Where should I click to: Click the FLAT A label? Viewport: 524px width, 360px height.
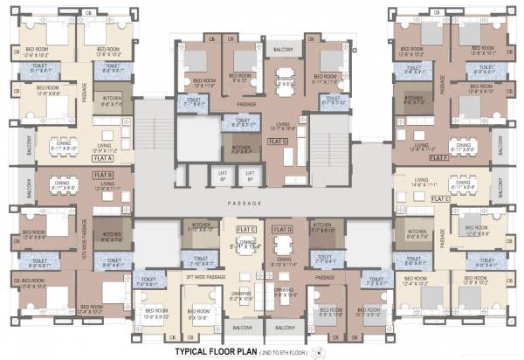click(x=105, y=158)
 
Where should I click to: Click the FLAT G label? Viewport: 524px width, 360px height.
click(x=279, y=140)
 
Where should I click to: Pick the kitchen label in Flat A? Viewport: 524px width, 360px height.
click(x=112, y=101)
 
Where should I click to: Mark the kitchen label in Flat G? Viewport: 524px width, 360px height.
click(x=242, y=149)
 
